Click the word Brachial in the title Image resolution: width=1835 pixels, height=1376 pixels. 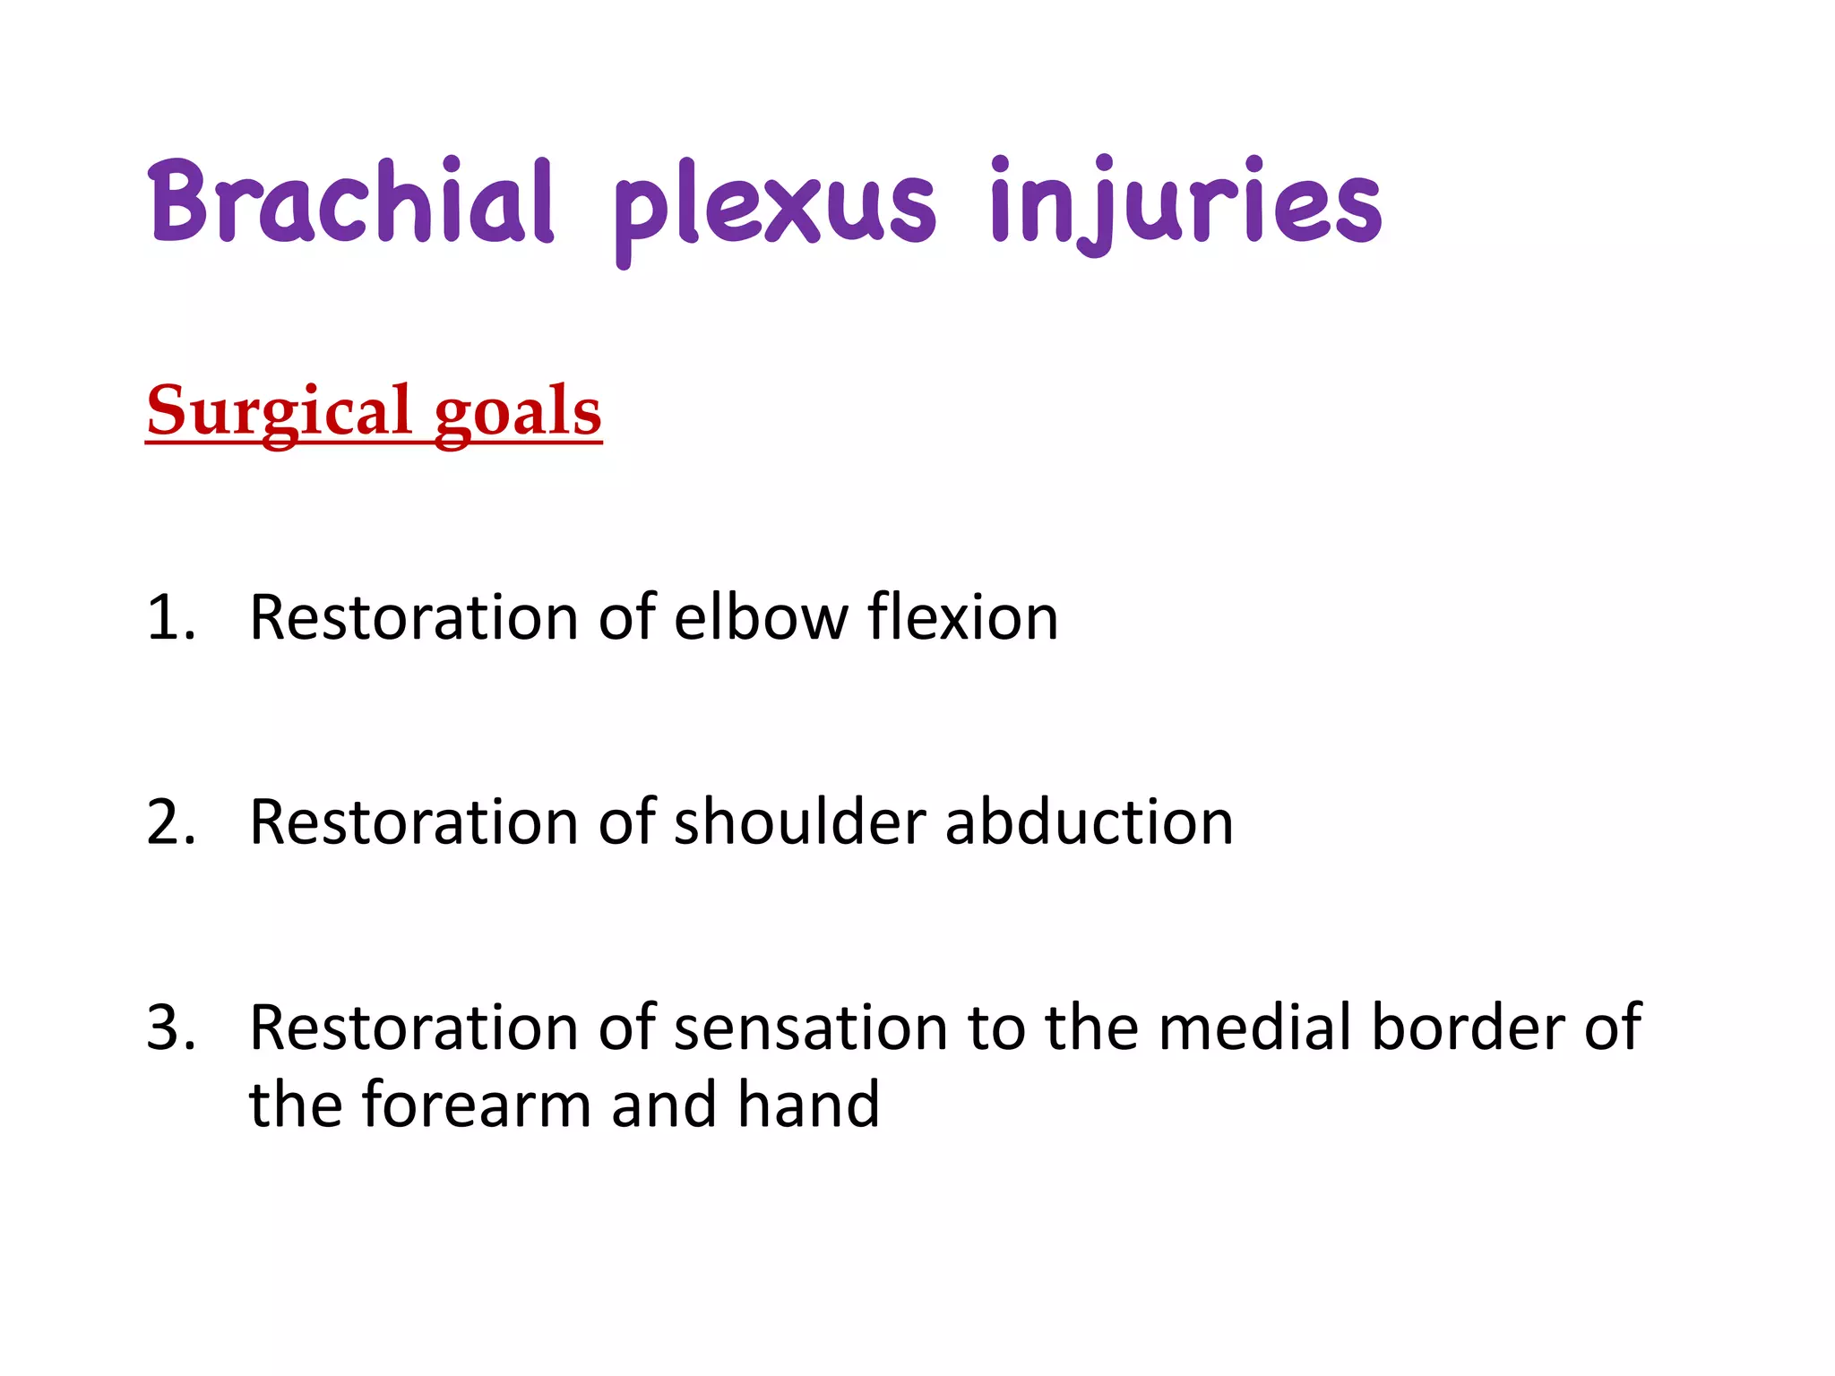[351, 201]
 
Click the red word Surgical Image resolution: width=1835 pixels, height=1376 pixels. [279, 411]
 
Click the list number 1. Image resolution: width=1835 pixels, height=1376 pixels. [170, 617]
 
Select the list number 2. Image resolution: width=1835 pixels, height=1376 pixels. [170, 821]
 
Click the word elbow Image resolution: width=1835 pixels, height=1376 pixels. [761, 617]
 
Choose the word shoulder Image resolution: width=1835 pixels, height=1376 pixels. [799, 821]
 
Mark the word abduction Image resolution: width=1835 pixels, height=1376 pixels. [1089, 821]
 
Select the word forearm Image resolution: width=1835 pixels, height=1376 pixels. [477, 1104]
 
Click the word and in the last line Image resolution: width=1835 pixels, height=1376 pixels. [664, 1104]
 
